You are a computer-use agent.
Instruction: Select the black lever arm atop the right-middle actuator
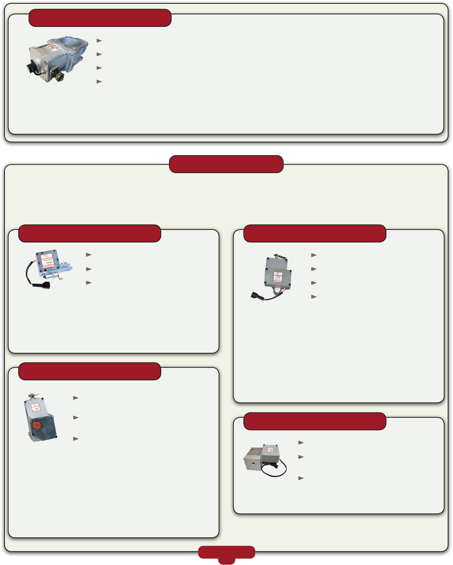pos(281,256)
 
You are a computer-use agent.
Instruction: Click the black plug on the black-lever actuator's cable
pos(255,295)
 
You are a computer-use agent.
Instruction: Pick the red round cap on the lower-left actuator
pos(37,425)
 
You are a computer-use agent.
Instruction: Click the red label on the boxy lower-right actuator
pos(270,450)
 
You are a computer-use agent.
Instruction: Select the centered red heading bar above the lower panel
pos(226,164)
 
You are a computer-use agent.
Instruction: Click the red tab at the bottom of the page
pos(226,553)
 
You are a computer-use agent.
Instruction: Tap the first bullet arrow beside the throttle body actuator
pos(99,41)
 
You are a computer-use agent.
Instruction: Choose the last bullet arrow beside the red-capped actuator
pos(76,439)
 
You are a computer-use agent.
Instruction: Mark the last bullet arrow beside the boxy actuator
pos(301,478)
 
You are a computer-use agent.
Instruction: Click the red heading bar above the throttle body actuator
pos(100,18)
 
